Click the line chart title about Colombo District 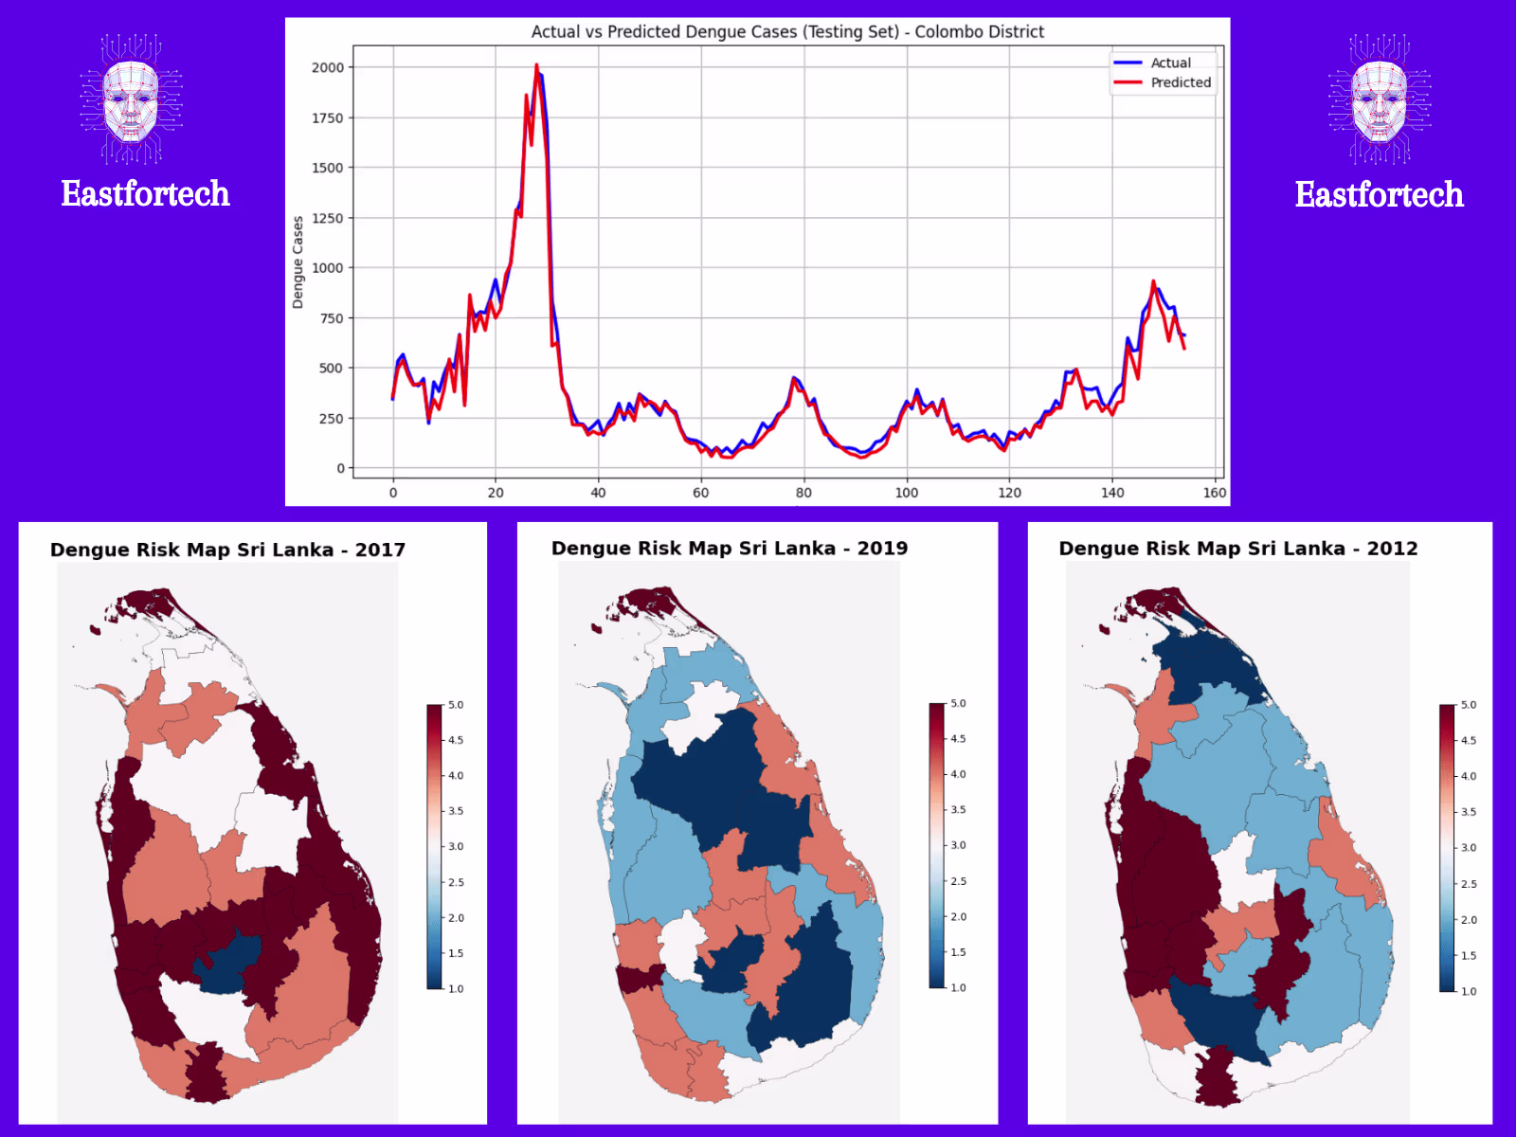pyautogui.click(x=787, y=32)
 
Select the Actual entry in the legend pyautogui.click(x=1170, y=63)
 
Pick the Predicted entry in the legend pyautogui.click(x=1181, y=82)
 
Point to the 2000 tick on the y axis pyautogui.click(x=328, y=67)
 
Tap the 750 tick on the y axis pyautogui.click(x=332, y=318)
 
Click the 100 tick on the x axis pyautogui.click(x=907, y=493)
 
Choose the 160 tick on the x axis pyautogui.click(x=1215, y=493)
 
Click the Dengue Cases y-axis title pyautogui.click(x=298, y=262)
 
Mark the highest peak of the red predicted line pyautogui.click(x=536, y=65)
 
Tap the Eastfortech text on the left pyautogui.click(x=145, y=194)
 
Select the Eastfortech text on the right pyautogui.click(x=1379, y=195)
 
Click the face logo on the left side pyautogui.click(x=131, y=99)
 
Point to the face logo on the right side pyautogui.click(x=1380, y=99)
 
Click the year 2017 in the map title pyautogui.click(x=380, y=550)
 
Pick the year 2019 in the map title pyautogui.click(x=882, y=549)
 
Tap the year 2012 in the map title pyautogui.click(x=1392, y=549)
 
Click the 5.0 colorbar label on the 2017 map pyautogui.click(x=456, y=705)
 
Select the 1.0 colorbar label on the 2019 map pyautogui.click(x=958, y=987)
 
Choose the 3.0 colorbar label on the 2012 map pyautogui.click(x=1469, y=848)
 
